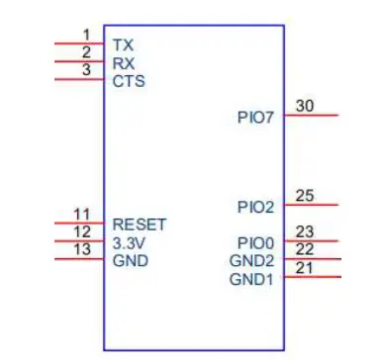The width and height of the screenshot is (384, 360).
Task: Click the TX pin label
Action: click(x=123, y=45)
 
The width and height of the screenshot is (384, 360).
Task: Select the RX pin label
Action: click(x=124, y=62)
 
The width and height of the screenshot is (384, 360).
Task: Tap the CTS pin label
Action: click(x=129, y=80)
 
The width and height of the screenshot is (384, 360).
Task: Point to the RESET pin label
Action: click(x=140, y=224)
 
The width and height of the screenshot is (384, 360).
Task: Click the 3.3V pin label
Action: click(x=130, y=241)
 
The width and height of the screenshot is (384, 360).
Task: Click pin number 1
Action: click(x=86, y=35)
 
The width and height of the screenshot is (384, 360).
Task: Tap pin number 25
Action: click(x=305, y=195)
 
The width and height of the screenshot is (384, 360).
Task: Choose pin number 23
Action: click(x=305, y=231)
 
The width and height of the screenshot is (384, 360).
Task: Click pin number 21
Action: click(x=305, y=268)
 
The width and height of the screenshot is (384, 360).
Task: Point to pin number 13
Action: click(x=83, y=249)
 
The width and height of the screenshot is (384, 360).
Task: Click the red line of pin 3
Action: click(x=79, y=79)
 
